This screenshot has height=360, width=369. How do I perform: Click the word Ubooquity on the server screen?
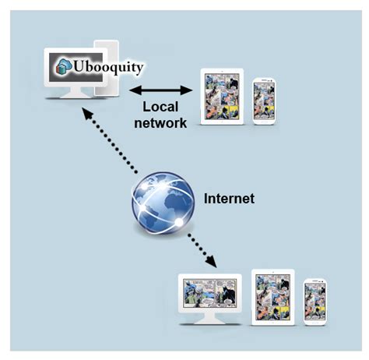110,68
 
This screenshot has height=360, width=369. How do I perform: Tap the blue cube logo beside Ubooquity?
63,68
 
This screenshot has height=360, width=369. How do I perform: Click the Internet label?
229,198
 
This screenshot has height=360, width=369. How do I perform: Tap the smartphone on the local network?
263,100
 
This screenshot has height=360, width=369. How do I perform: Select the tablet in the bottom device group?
272,297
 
